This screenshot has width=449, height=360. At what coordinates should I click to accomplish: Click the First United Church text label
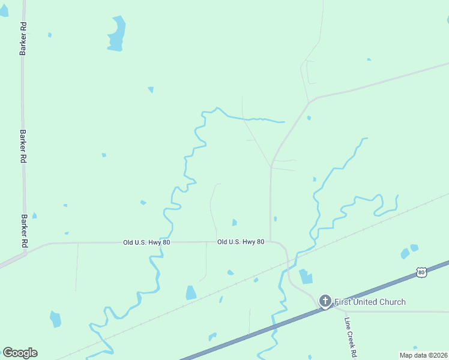pyautogui.click(x=370, y=302)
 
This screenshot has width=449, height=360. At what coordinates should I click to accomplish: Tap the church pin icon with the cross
pyautogui.click(x=325, y=301)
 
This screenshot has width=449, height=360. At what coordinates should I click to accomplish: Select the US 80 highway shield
pyautogui.click(x=421, y=273)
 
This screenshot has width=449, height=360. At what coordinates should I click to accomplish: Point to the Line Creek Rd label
pyautogui.click(x=351, y=337)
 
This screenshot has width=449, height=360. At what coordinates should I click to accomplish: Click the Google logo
pyautogui.click(x=20, y=353)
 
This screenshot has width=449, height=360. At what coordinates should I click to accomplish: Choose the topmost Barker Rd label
pyautogui.click(x=23, y=40)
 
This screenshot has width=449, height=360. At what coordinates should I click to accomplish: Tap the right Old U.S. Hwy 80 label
pyautogui.click(x=241, y=242)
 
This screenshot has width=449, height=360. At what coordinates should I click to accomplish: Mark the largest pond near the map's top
pyautogui.click(x=116, y=34)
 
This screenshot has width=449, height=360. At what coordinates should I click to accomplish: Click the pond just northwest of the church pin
pyautogui.click(x=306, y=276)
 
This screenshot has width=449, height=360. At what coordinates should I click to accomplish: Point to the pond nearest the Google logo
pyautogui.click(x=55, y=319)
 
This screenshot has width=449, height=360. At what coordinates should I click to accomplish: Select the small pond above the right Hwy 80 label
pyautogui.click(x=234, y=223)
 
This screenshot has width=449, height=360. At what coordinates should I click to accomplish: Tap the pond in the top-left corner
pyautogui.click(x=4, y=10)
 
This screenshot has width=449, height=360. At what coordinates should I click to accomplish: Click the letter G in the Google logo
pyautogui.click(x=8, y=352)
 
